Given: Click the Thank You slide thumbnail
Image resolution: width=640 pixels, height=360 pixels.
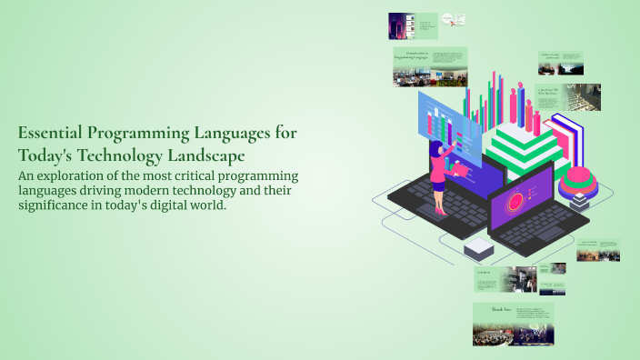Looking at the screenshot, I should [x=513, y=325].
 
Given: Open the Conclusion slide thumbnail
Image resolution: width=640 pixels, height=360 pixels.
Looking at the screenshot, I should [x=504, y=279].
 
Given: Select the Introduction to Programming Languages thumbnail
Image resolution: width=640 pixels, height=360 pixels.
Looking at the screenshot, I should [x=430, y=67].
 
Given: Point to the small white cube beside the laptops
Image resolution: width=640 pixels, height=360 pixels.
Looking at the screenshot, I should [x=477, y=247].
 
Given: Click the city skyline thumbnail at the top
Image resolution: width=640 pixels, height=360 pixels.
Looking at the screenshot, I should [x=401, y=25].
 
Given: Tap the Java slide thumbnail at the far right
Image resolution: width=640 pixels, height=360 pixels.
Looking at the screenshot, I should [x=597, y=249].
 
